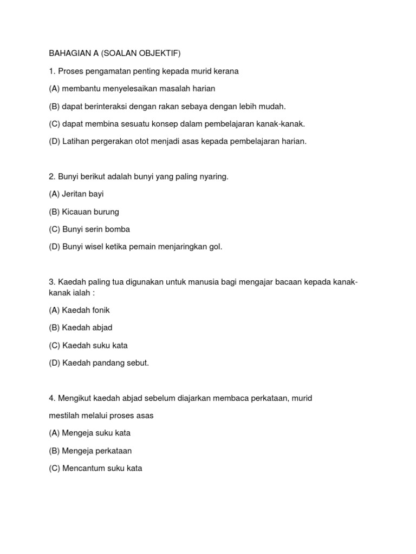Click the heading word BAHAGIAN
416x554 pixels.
tap(68, 54)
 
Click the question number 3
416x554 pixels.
tap(51, 282)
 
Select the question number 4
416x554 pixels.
tap(51, 398)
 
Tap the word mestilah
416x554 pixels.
tap(65, 415)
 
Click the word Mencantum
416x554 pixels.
tap(83, 469)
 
